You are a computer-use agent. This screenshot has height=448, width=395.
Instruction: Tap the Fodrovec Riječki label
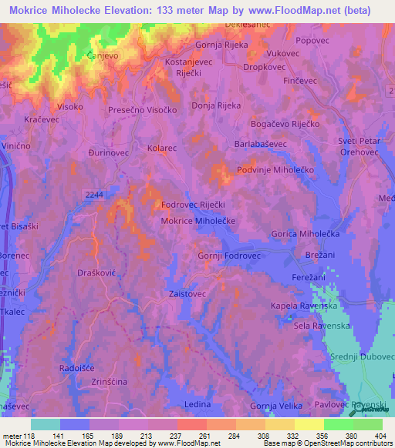(193, 206)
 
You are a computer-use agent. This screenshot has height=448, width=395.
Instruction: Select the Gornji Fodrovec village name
(230, 256)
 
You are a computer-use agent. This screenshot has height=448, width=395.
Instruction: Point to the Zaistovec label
(189, 293)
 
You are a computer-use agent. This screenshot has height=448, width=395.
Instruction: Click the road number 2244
(95, 196)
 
